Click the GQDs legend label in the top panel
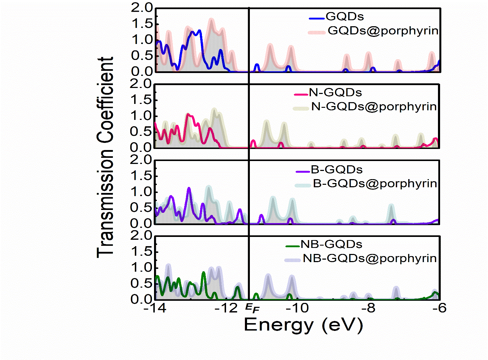pos(345,17)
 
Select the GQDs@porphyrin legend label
pos(383,31)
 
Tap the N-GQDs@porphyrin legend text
pos(374,106)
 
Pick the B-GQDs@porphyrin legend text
pos(375,183)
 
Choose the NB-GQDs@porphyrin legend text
pos(369,258)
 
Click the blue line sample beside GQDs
pos(317,18)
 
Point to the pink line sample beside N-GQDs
pos(301,94)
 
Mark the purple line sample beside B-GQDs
pos(303,172)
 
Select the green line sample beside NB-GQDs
pos(293,246)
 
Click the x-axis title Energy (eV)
pos(303,325)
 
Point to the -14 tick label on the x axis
pos(155,308)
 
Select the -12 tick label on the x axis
pos(226,308)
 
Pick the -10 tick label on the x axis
pos(297,308)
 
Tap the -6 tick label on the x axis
pos(439,308)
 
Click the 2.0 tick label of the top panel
pos(141,7)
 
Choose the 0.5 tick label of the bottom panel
pos(141,283)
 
